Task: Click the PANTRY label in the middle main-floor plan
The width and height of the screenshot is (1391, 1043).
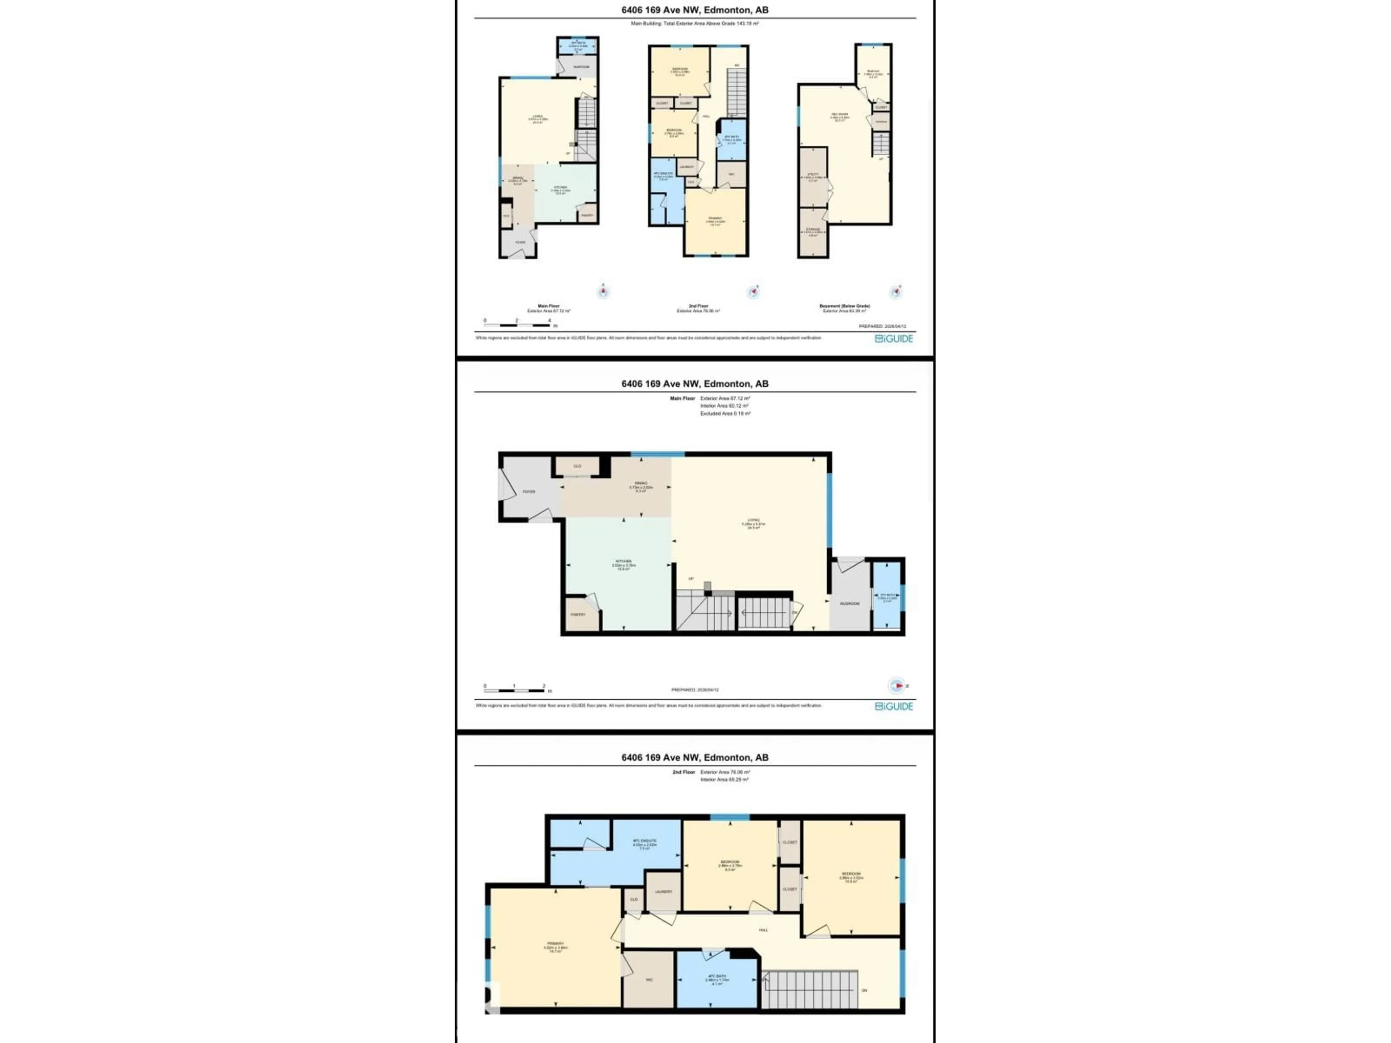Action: point(578,614)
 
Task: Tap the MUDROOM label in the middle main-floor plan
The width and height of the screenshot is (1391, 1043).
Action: point(849,604)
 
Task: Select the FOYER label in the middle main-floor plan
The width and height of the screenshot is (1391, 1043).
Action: point(529,492)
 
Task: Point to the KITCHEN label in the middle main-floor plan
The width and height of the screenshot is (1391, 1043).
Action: point(623,561)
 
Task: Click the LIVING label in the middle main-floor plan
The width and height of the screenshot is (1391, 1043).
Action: point(753,520)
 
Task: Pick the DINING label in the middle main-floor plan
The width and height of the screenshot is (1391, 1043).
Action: point(641,483)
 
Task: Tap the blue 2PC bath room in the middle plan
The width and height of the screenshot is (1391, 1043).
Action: point(887,597)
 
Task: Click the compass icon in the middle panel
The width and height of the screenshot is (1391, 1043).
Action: point(897,685)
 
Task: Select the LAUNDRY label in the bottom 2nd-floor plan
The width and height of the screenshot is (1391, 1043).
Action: point(663,892)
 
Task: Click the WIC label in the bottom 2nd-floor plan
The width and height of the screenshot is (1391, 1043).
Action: point(649,980)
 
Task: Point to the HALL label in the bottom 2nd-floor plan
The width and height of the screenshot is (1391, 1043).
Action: point(763,930)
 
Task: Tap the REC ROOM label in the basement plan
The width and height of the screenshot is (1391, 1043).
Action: point(840,114)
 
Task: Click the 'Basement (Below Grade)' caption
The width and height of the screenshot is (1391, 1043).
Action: point(844,306)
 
